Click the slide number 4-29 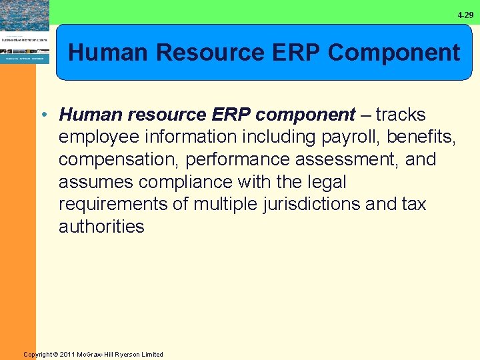click(465, 15)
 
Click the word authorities click(101, 227)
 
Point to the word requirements click(114, 204)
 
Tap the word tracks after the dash click(400, 115)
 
